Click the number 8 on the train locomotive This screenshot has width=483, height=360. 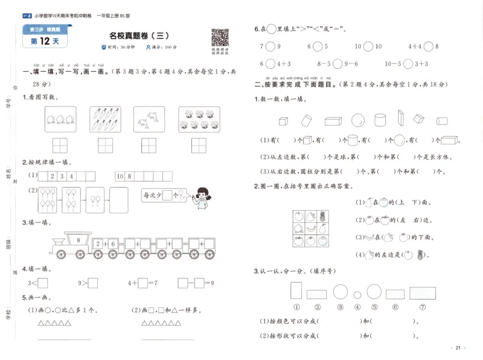(78, 240)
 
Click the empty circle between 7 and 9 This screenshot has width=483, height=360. (270, 47)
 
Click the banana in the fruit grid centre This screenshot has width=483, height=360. (310, 228)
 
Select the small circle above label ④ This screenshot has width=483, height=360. (357, 292)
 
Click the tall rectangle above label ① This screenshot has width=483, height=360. (296, 291)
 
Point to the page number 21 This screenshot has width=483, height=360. (458, 348)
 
